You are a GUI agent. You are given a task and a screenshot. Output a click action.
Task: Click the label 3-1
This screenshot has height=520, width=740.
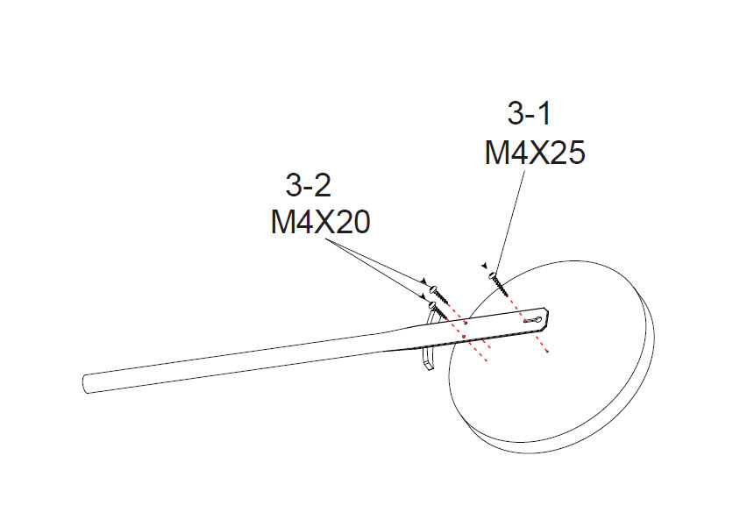click(529, 114)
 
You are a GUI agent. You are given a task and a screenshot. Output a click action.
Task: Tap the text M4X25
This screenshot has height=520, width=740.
click(535, 153)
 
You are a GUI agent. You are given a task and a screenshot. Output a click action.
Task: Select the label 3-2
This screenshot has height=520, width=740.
click(308, 185)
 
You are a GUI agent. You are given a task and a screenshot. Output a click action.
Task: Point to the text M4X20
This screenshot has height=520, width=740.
click(320, 222)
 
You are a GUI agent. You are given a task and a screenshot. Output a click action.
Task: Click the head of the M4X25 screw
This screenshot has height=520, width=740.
click(493, 275)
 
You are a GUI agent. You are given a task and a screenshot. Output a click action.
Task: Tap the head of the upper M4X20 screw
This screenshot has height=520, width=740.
click(434, 288)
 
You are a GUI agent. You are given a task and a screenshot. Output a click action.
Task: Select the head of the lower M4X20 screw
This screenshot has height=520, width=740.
click(432, 306)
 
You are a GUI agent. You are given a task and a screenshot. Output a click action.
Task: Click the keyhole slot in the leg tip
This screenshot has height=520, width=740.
click(532, 320)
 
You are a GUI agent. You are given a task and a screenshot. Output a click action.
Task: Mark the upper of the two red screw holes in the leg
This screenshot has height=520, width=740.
click(466, 324)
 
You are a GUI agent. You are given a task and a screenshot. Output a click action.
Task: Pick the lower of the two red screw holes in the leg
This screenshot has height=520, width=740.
click(464, 337)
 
